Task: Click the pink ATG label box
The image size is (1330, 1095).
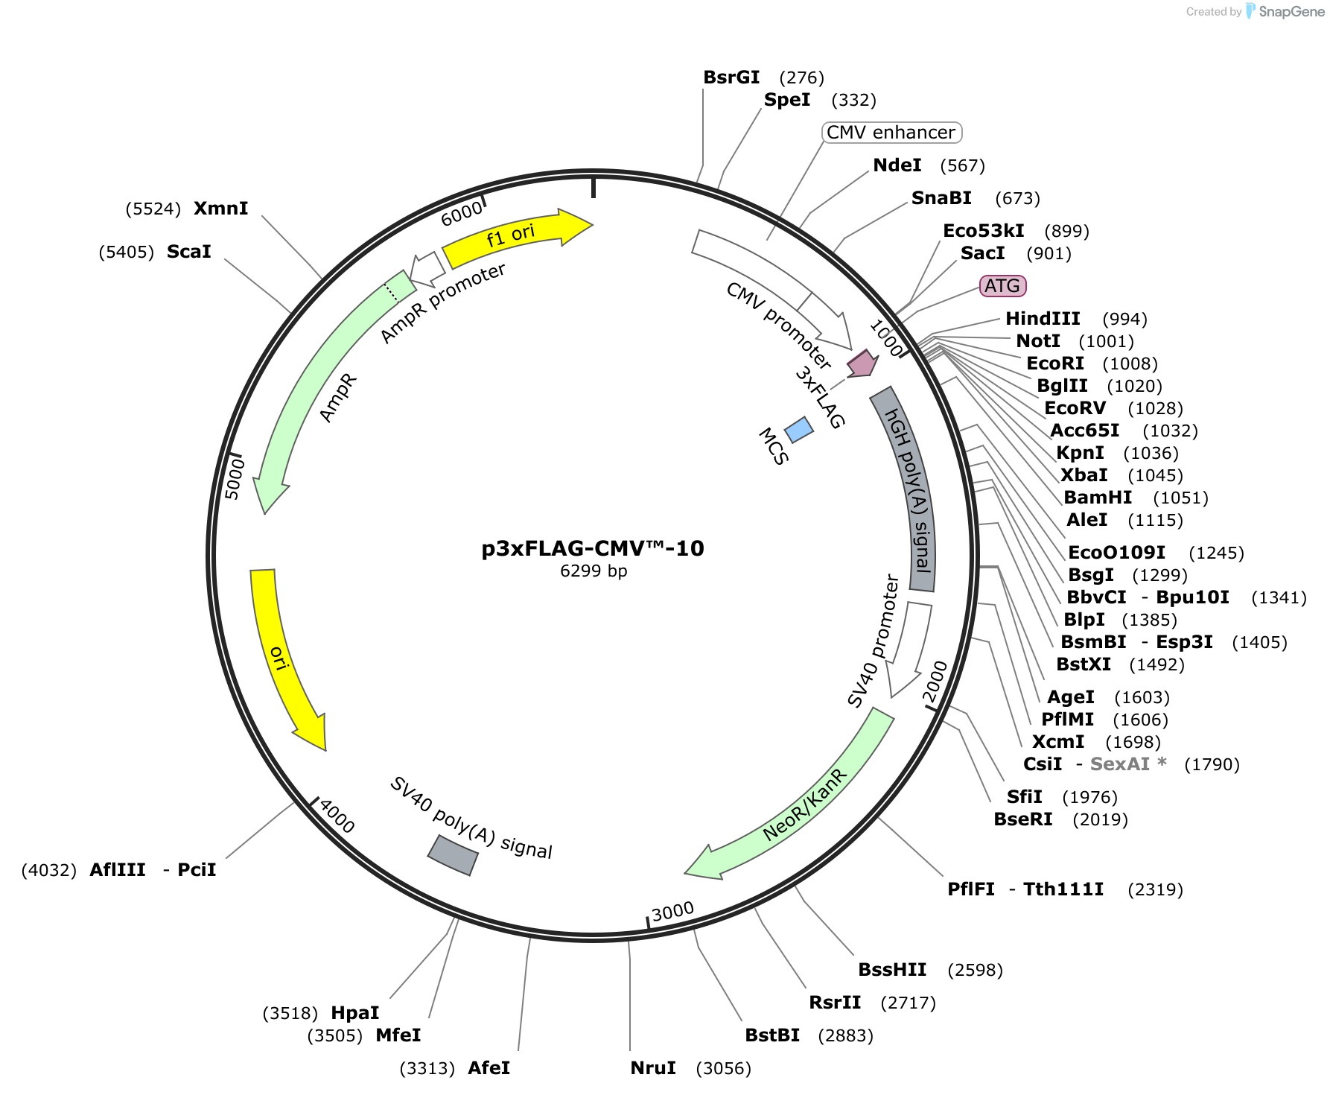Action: [1002, 286]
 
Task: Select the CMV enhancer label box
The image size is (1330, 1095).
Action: [891, 133]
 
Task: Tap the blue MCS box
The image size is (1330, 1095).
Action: [799, 430]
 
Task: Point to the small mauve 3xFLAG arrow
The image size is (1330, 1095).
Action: [862, 364]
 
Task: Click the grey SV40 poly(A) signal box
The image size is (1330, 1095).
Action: [453, 855]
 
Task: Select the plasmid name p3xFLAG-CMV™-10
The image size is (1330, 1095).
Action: [593, 548]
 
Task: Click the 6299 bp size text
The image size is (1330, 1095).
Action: [594, 571]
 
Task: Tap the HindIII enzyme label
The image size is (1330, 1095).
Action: [1043, 319]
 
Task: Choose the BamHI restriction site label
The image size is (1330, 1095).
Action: [1098, 498]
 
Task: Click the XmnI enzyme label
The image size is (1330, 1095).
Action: [221, 209]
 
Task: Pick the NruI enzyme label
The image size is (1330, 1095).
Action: [653, 1068]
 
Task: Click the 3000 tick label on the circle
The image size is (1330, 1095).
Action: [672, 912]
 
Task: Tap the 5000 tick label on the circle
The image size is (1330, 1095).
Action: [234, 479]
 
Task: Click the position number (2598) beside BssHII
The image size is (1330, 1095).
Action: [975, 970]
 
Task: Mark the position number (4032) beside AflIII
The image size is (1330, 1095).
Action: [49, 870]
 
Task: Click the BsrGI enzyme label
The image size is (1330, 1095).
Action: [731, 77]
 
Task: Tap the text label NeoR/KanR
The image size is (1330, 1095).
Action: [805, 804]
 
